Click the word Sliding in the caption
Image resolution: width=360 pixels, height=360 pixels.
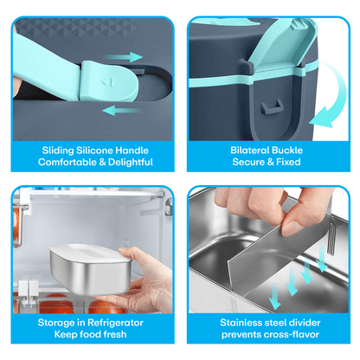coord(58,151)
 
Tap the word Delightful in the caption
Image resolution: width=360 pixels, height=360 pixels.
coord(131,162)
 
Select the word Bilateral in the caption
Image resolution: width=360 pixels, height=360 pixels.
coord(249,151)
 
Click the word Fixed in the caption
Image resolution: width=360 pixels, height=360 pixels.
coord(288,162)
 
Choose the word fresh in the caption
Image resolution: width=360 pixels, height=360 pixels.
coord(114,334)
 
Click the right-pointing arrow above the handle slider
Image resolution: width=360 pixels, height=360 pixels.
coord(124,57)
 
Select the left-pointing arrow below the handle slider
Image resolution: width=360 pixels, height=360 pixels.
coord(121,111)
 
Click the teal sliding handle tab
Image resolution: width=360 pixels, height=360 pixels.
coord(109,81)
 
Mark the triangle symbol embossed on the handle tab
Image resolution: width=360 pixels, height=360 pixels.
coord(104,82)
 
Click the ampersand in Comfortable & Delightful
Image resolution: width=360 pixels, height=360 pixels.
coord(102,162)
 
